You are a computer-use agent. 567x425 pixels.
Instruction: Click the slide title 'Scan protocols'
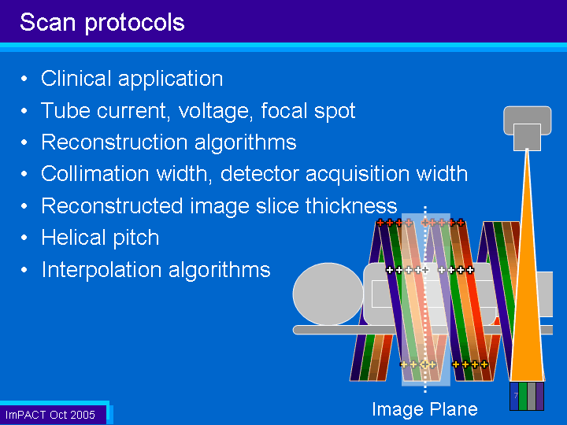pos(102,23)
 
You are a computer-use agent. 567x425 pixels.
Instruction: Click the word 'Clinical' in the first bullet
pos(76,78)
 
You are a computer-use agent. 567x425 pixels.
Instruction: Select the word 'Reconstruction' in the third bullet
pos(115,142)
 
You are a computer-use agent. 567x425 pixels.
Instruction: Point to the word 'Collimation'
pos(95,173)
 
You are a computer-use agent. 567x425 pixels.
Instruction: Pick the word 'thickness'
pos(351,205)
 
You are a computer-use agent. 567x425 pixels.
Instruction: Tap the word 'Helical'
pos(74,238)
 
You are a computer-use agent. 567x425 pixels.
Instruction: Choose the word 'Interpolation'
pos(102,270)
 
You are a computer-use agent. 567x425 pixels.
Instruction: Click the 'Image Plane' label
pos(425,409)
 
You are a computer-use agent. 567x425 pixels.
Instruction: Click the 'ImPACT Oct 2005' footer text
pos(50,415)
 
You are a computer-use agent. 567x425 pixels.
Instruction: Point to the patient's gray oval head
pos(328,294)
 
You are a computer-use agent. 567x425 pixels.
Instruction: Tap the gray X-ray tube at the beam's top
pos(527,128)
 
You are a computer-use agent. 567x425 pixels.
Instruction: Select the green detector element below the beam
pos(523,396)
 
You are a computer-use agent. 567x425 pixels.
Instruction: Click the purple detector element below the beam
pos(540,396)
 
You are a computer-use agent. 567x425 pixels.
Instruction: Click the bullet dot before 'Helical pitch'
pos(24,238)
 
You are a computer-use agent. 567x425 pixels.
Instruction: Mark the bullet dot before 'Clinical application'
pos(24,79)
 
